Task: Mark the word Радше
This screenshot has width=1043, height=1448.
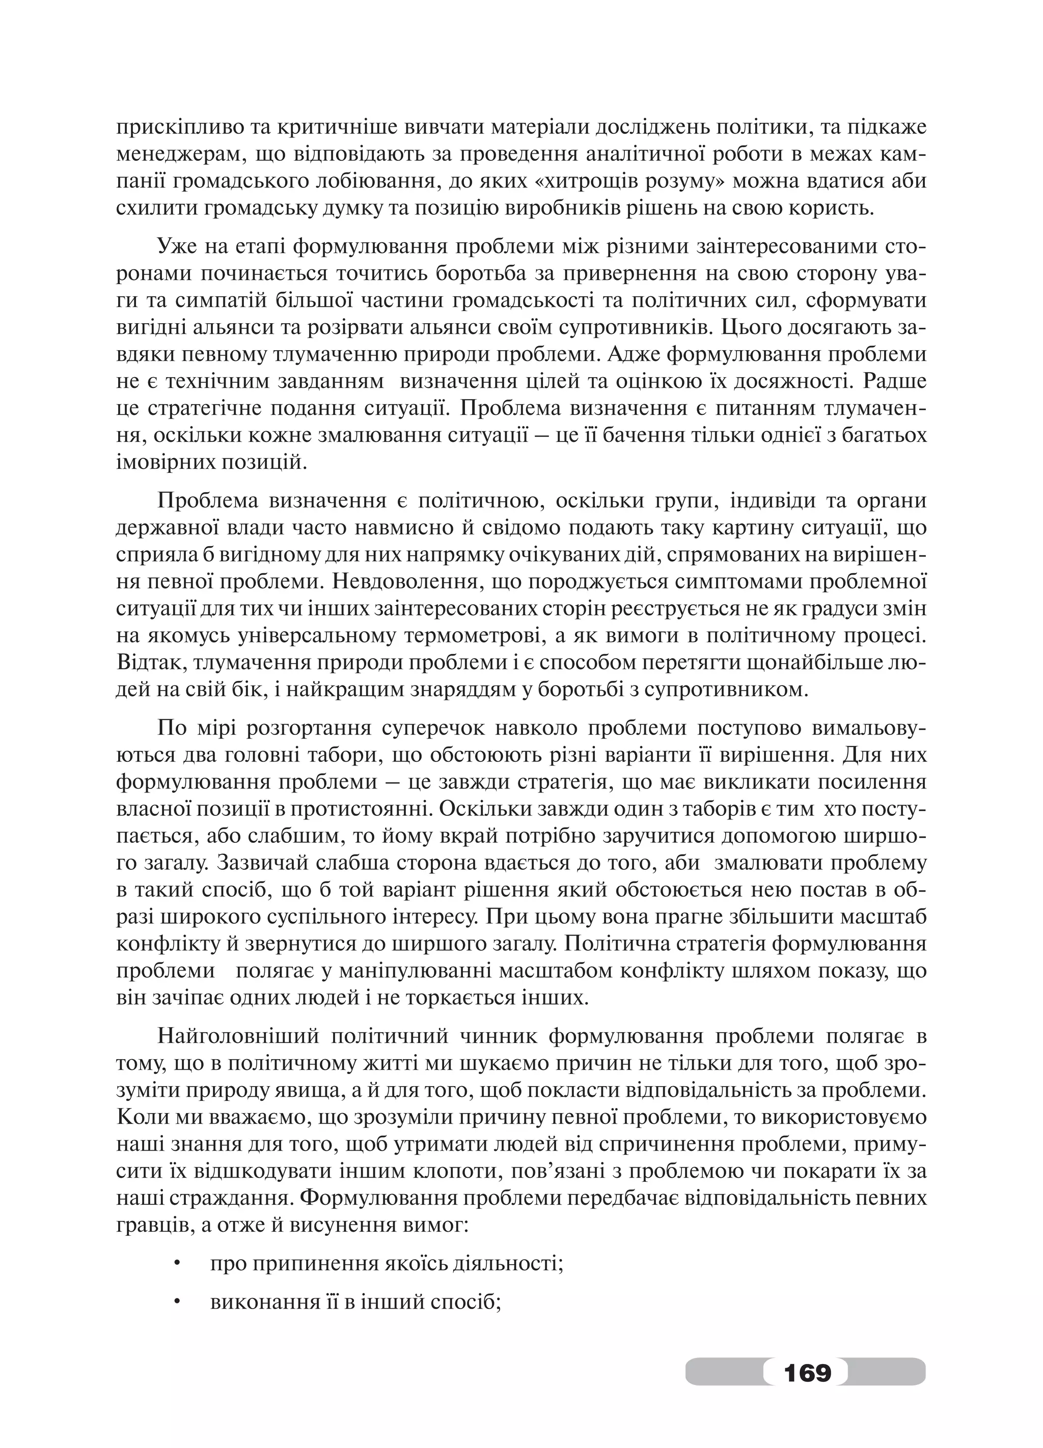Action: tap(894, 381)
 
